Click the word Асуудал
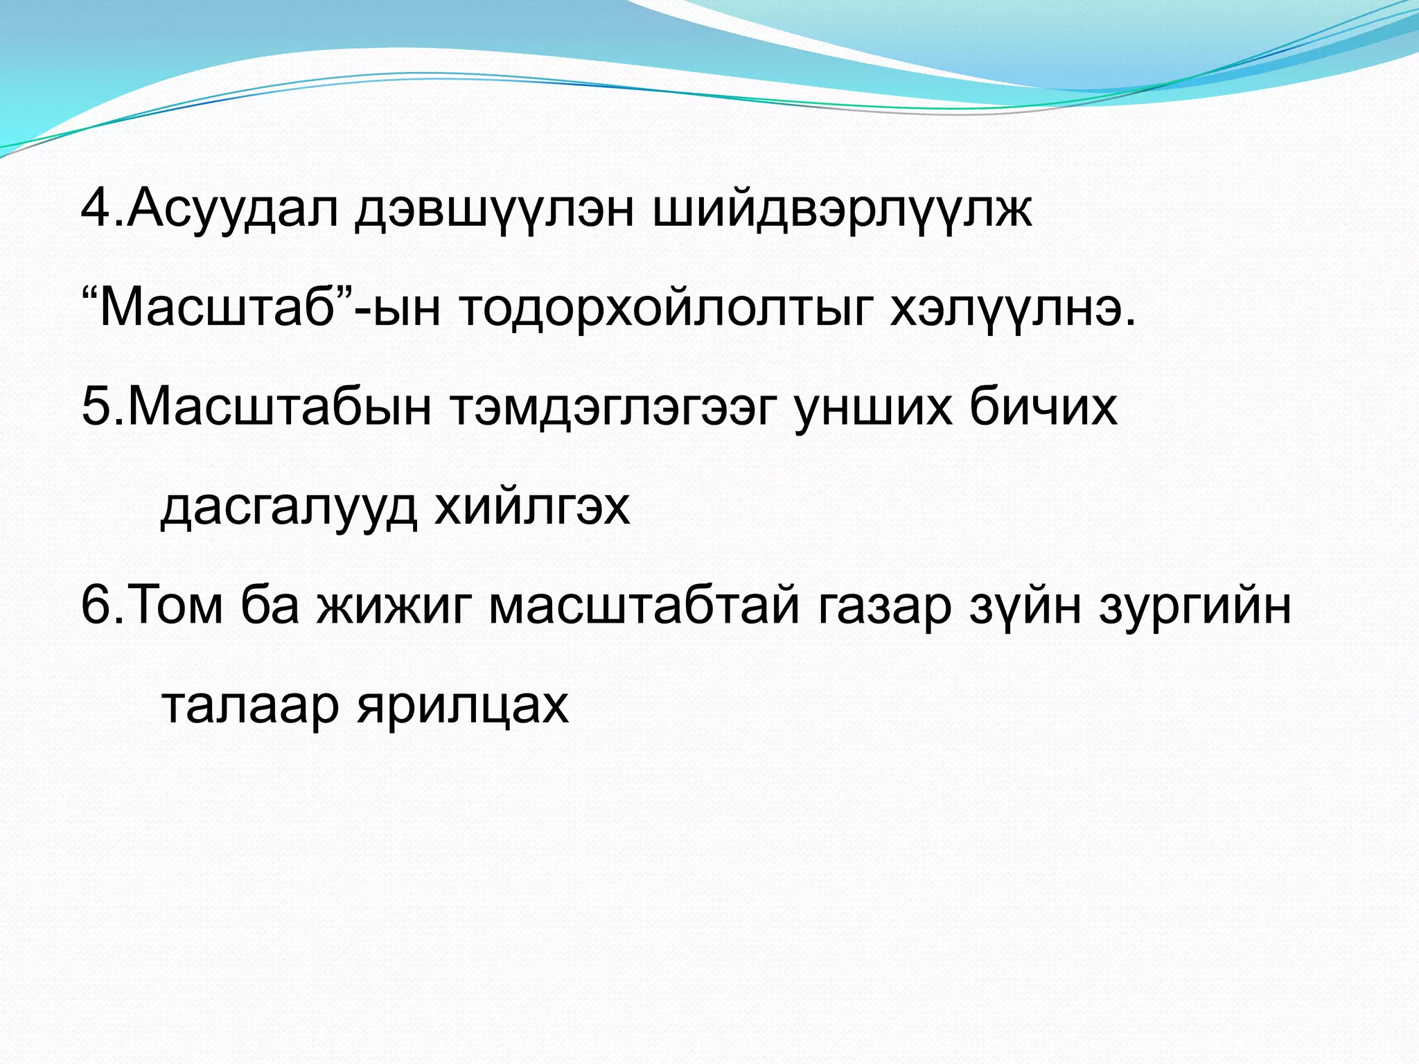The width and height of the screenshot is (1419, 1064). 232,209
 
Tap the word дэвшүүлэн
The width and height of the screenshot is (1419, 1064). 494,209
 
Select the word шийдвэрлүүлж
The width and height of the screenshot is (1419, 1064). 842,209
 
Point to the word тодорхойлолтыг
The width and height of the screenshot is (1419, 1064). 662,309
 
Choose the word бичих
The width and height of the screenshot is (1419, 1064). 1043,407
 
